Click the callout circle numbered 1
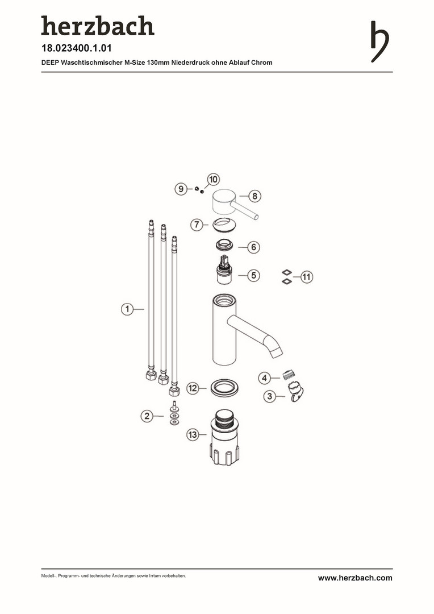pos(127,309)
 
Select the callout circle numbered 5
pos(253,275)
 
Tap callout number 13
pos(193,435)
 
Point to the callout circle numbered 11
pos(306,277)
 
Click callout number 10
pos(213,180)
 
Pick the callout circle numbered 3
pos(269,396)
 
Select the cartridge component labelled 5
pos(224,270)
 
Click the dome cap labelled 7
pos(224,225)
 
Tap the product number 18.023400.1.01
pos(76,48)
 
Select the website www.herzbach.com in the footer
pos(355,578)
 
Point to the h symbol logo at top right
pos(380,42)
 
